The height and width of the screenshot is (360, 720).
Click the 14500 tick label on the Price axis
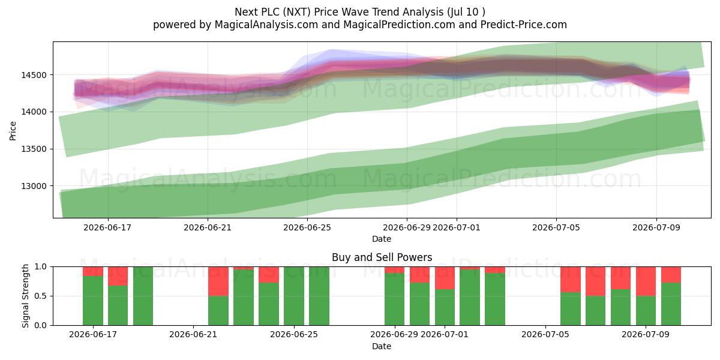tap(34, 75)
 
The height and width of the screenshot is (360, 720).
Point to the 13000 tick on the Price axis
tap(34, 186)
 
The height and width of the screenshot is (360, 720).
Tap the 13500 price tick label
tap(34, 149)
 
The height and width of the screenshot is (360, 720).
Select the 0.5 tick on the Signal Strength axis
tap(41, 296)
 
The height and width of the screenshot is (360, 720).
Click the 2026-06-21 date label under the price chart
tap(208, 227)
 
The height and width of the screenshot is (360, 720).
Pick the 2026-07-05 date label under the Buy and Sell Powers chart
tap(545, 335)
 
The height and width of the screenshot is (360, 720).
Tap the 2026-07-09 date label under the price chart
tap(656, 227)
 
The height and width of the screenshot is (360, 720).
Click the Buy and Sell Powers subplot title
tap(382, 257)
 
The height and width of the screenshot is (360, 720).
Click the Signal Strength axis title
tap(26, 296)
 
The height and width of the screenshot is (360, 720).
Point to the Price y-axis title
tap(13, 131)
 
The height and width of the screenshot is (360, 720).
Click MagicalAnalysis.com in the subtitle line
tap(266, 25)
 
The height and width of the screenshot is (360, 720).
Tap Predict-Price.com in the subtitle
tap(524, 25)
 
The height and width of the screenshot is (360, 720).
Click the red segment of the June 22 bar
tap(218, 281)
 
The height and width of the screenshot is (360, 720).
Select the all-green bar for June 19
tap(143, 296)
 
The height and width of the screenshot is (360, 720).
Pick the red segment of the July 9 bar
tap(646, 281)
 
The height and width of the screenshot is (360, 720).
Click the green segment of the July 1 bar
tap(445, 307)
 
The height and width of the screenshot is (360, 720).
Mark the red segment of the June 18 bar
tap(118, 276)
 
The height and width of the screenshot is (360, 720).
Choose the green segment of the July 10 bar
tap(671, 304)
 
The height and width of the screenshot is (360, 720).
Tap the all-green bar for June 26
tap(319, 296)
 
